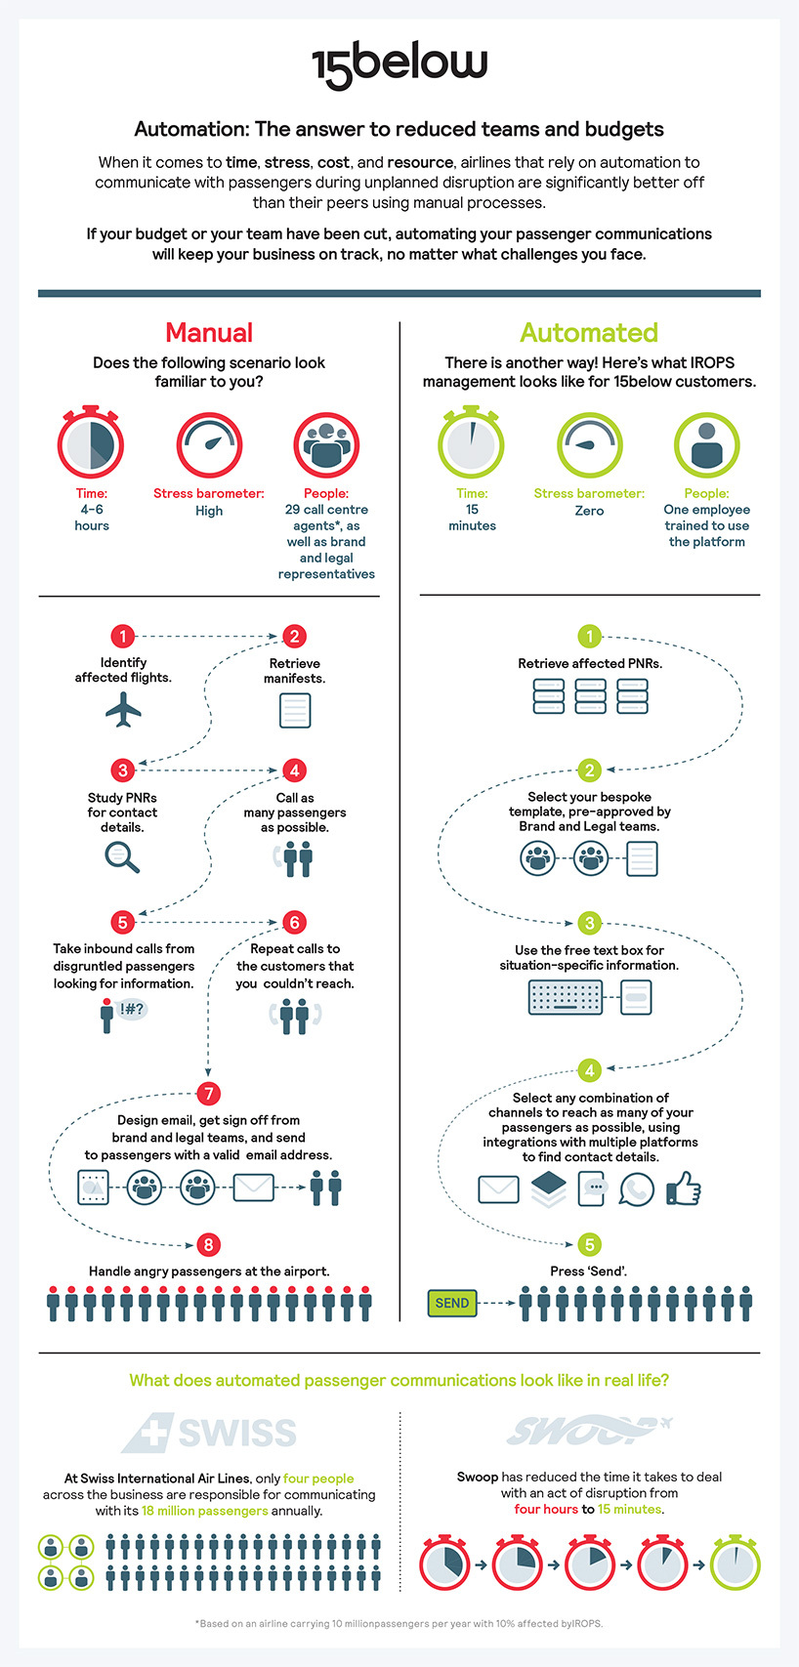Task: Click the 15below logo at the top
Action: [x=399, y=65]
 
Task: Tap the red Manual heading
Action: [x=209, y=333]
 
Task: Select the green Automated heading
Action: [x=589, y=333]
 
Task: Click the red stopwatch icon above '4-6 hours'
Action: [x=91, y=442]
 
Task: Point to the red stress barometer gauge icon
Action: [x=209, y=445]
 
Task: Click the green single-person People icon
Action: [x=706, y=445]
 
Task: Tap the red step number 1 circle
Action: [x=123, y=637]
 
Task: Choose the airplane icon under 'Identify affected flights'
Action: [x=123, y=709]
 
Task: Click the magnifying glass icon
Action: [x=122, y=857]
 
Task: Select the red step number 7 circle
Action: [x=208, y=1093]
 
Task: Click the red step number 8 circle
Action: [x=208, y=1244]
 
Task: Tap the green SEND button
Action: [x=452, y=1303]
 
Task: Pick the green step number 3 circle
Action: [x=590, y=924]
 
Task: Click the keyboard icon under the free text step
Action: [x=566, y=997]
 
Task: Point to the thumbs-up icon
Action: [x=684, y=1188]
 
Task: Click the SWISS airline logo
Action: [x=209, y=1433]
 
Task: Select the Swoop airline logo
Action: [x=589, y=1430]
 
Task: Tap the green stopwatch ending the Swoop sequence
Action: [x=735, y=1562]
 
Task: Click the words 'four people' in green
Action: [x=318, y=1479]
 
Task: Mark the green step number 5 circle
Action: [x=590, y=1244]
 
